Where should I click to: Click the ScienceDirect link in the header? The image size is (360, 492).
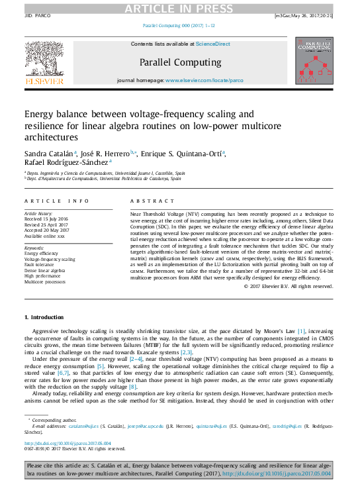coord(213,44)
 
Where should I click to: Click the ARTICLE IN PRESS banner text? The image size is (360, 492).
coord(180,7)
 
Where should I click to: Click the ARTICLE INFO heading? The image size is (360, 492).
coord(56,201)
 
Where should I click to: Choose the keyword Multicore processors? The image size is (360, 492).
coord(45,282)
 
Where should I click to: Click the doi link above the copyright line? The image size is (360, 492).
coord(67,443)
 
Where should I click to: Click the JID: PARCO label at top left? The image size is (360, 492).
coord(38,15)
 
